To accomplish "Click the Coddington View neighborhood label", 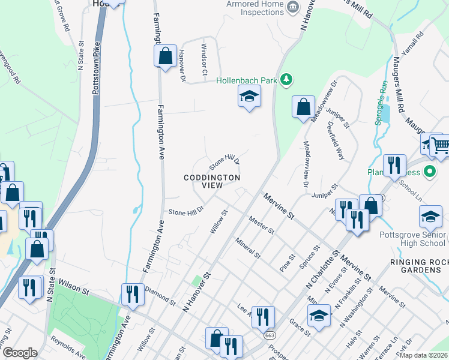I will click(x=212, y=182).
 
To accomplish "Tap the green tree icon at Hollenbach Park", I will click(x=287, y=79).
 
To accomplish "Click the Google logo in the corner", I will click(x=20, y=353).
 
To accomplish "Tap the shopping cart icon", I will click(x=440, y=144).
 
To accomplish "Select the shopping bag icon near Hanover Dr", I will click(x=164, y=56).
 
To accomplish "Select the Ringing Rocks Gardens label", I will click(x=415, y=266).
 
